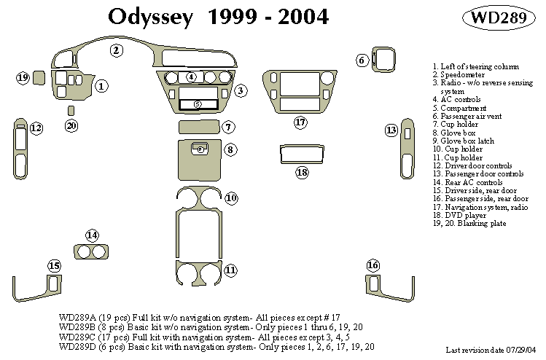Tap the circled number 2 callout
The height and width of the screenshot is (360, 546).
coord(116,50)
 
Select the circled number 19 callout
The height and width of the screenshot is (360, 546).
coord(23,77)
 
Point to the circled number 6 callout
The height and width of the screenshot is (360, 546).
coord(362,60)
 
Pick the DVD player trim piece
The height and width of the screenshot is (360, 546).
coord(303,156)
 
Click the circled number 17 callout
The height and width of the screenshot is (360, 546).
coord(300,122)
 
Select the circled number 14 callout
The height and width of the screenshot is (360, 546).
coord(92,235)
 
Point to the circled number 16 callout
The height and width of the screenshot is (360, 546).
coord(373,265)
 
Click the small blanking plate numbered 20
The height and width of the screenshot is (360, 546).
coord(71,111)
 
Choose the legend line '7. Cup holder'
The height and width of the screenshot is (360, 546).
coord(456,125)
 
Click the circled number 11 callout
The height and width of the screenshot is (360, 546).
coord(230,270)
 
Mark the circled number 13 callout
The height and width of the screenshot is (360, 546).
coord(391,130)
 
